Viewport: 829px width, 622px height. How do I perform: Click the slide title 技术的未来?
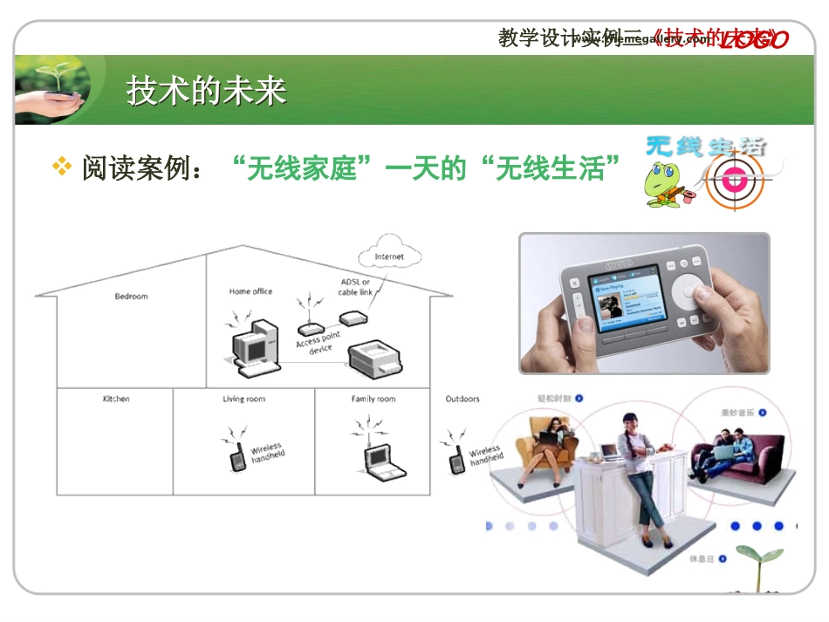coord(207,91)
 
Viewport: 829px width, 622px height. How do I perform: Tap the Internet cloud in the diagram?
coord(389,256)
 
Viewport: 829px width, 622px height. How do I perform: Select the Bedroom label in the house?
coord(132,297)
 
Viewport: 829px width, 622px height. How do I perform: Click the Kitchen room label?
coord(116,399)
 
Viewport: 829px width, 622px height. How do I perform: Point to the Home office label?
coord(250,291)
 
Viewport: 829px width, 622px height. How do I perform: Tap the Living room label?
coord(243,399)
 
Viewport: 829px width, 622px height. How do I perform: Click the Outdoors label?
coord(462,399)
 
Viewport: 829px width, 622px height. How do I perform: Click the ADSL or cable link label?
coord(355,287)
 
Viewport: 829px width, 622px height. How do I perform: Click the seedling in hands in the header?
coord(53,87)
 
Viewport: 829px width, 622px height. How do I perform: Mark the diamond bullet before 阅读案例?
coord(62,166)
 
